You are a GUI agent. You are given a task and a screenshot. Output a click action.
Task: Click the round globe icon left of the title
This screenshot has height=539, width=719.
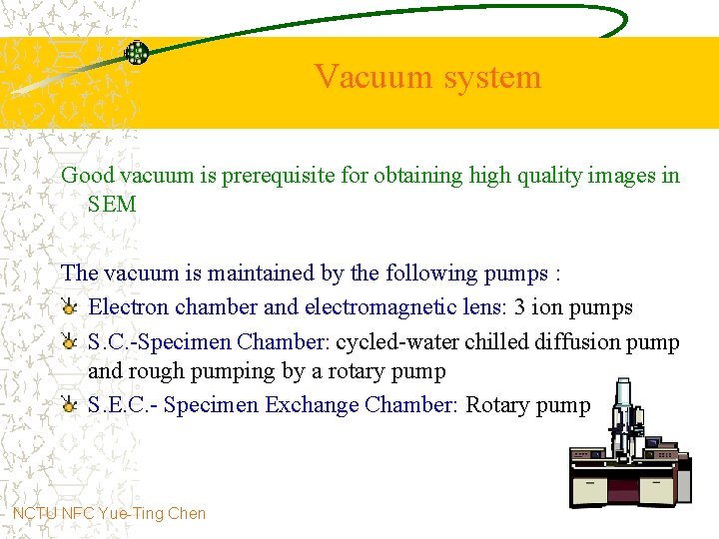[x=136, y=52]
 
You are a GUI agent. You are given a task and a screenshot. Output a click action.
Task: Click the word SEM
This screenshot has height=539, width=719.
[x=112, y=205]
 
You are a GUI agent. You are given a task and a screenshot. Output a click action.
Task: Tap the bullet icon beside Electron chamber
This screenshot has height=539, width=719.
[x=70, y=307]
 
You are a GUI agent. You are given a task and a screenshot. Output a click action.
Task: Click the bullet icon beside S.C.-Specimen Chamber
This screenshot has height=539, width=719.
[x=70, y=341]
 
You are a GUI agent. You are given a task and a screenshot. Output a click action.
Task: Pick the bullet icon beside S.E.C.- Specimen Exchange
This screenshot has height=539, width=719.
[x=70, y=405]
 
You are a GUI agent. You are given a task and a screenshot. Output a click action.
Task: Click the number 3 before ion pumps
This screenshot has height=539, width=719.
[x=520, y=307]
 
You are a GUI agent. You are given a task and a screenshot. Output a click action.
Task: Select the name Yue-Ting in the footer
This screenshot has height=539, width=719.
[x=130, y=514]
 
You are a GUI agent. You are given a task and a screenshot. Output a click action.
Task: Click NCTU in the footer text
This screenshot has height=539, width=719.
[x=35, y=514]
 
